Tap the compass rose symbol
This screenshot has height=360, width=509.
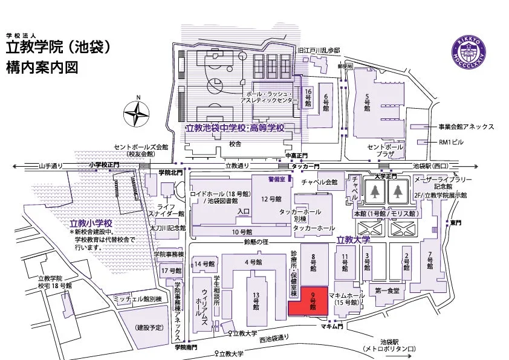pyautogui.click(x=138, y=113)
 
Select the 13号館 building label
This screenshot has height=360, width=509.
pyautogui.click(x=255, y=300)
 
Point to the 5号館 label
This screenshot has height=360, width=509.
pyautogui.click(x=367, y=103)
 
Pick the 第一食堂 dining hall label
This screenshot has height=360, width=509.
pyautogui.click(x=387, y=291)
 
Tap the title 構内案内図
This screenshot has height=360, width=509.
pyautogui.click(x=42, y=66)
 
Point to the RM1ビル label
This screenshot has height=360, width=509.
pyautogui.click(x=453, y=143)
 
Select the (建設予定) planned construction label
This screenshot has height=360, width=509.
pyautogui.click(x=149, y=327)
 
